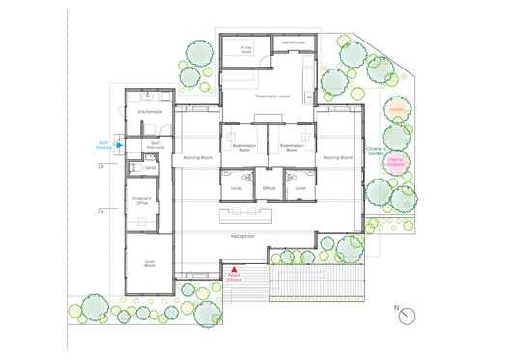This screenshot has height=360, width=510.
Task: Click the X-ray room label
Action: pos(246,50)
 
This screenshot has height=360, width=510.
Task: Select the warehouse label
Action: pos(294,43)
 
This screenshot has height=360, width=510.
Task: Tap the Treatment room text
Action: pos(272,97)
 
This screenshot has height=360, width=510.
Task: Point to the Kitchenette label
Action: pos(149,112)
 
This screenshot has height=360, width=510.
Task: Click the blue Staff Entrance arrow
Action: pos(120,145)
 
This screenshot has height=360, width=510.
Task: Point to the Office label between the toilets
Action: pos(269,188)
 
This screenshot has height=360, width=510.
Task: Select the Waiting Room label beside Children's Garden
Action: pos(337,157)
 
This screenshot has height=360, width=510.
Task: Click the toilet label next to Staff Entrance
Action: pos(149,167)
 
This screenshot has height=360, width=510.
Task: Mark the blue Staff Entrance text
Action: pos(103,145)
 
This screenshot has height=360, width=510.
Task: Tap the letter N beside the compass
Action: pos(395,308)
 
